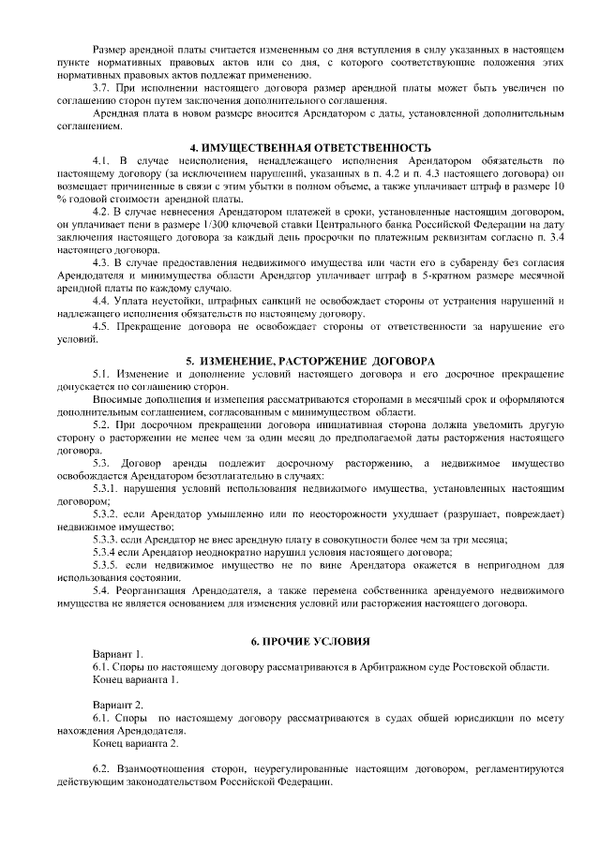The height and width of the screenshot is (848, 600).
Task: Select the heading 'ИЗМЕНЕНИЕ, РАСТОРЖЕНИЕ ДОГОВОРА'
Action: tap(310, 360)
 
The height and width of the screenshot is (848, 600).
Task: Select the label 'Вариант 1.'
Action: tap(118, 652)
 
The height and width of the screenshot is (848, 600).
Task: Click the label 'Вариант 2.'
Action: tap(118, 703)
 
